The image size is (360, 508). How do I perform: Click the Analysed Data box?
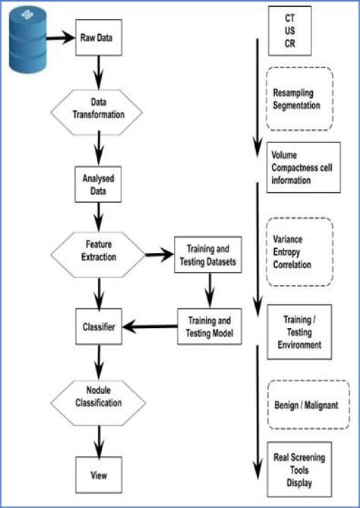pos(98,185)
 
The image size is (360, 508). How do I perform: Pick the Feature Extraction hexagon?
pos(98,252)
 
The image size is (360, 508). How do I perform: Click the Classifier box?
pos(98,327)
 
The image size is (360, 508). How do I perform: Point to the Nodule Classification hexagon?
pos(98,398)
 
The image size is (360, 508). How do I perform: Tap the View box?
pos(98,475)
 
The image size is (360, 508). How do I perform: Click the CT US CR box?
pos(289,31)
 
